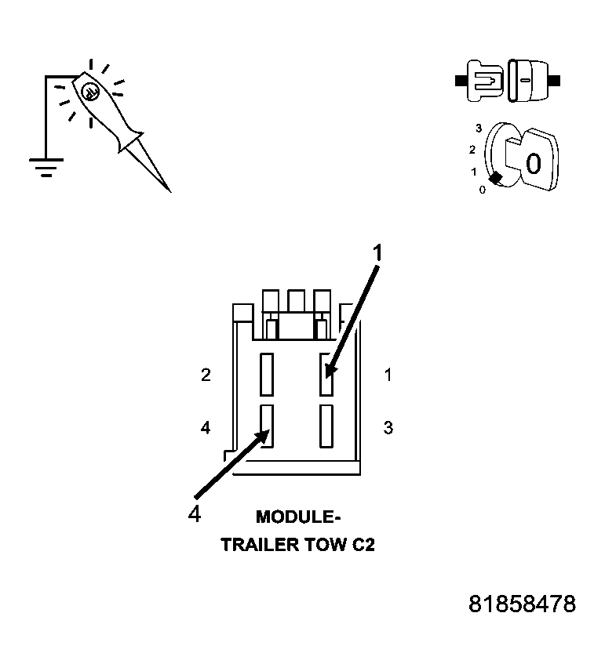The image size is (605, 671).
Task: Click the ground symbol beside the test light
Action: (46, 165)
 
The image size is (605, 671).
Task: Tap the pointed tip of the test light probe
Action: (169, 190)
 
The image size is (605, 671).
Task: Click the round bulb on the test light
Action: (90, 89)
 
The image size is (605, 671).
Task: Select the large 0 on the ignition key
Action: (533, 164)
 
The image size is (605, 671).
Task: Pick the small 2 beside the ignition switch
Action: (472, 149)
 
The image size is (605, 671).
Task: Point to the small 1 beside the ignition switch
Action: (473, 171)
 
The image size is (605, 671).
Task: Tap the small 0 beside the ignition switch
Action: (482, 189)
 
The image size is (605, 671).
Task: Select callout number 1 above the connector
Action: (378, 252)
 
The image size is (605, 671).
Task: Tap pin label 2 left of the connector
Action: (206, 375)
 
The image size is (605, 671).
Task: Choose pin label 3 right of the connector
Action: (388, 428)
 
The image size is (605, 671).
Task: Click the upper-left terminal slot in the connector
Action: (268, 374)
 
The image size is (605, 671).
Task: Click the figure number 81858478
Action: (522, 604)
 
